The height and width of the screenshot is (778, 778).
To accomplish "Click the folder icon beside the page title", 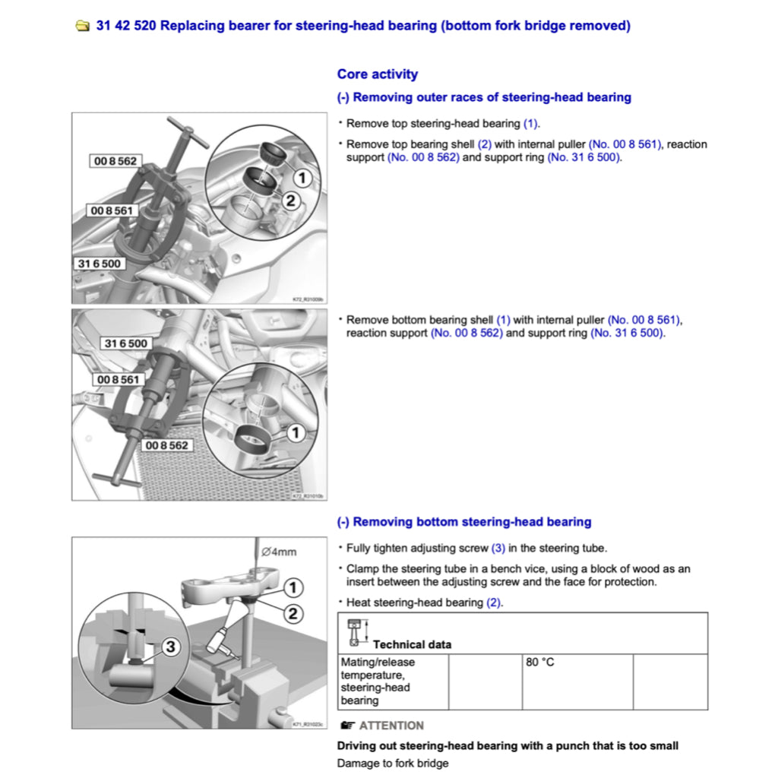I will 82,27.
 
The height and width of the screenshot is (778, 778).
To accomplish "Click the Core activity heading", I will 377,74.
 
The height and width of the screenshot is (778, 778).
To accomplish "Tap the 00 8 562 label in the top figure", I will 114,161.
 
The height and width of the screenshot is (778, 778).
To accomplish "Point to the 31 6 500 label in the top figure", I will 100,264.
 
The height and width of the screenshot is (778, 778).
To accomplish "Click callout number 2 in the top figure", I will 289,201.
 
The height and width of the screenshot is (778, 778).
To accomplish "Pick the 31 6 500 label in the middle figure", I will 126,343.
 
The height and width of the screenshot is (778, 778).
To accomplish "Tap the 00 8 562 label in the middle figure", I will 166,444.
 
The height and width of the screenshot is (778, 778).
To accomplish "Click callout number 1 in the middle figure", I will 295,432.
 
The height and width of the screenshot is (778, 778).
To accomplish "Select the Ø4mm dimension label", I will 278,552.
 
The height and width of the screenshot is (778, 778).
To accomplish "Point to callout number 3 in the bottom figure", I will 170,647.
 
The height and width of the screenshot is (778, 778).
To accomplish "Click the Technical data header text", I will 412,644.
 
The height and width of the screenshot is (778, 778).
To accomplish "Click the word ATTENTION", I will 391,726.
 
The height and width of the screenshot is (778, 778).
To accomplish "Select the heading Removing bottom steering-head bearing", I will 463,522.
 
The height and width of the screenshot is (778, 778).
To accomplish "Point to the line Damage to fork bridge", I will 393,763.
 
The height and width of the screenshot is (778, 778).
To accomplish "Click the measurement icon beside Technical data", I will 354,634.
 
